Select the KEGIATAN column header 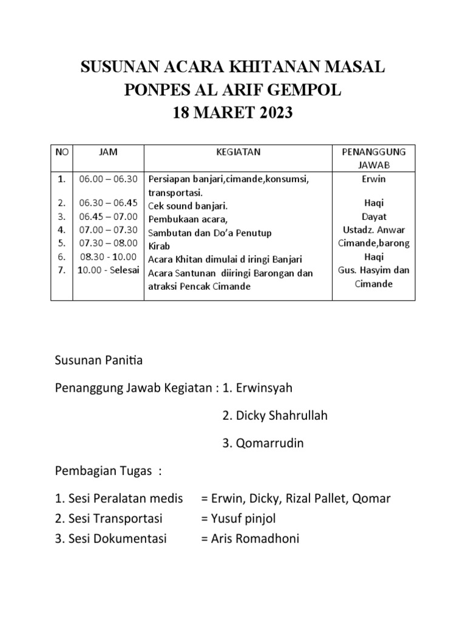(x=238, y=152)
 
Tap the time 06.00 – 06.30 (x=109, y=179)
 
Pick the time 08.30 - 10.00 (x=109, y=257)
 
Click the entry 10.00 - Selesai (x=109, y=270)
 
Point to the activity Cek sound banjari (x=188, y=207)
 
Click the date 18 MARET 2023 (x=233, y=112)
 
